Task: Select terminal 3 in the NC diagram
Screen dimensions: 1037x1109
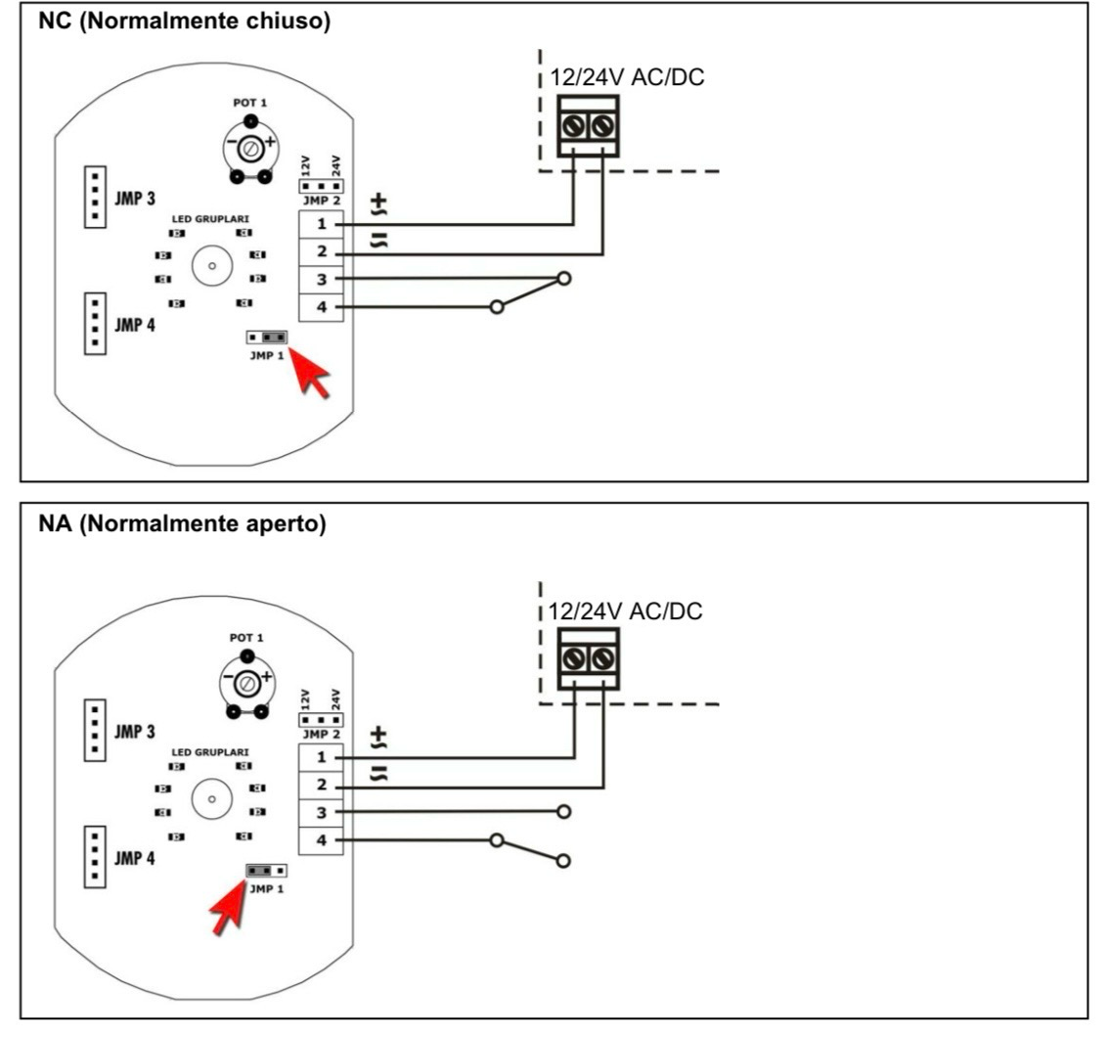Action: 322,280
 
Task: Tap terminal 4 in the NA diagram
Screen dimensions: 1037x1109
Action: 322,840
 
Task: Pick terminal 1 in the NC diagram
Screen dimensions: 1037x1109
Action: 322,225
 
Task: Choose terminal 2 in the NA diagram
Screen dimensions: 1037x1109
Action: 322,786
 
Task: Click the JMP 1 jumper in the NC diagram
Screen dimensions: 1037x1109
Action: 266,338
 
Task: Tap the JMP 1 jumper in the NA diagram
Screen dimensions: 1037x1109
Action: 266,870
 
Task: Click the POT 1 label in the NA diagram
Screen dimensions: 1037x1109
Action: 248,635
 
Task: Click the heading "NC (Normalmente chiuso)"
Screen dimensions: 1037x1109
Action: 184,23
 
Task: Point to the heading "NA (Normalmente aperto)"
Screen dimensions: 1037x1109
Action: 182,524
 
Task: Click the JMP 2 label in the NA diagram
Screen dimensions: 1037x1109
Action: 320,734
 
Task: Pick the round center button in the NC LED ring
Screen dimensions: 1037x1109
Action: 210,266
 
